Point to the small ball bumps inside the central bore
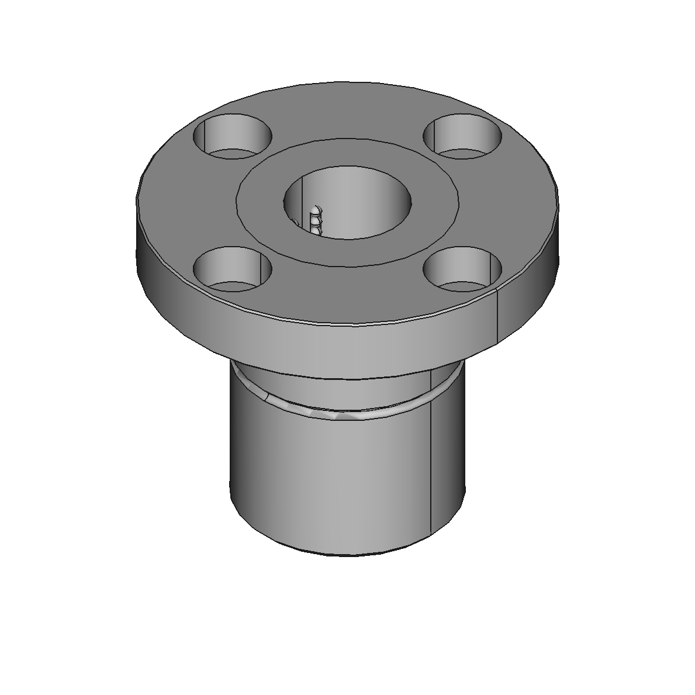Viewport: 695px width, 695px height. click(x=316, y=219)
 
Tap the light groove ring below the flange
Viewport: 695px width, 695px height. click(x=347, y=413)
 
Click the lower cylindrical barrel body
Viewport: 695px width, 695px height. click(x=327, y=479)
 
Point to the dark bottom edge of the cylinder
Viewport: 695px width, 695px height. click(x=347, y=552)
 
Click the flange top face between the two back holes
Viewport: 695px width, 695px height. click(x=347, y=111)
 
